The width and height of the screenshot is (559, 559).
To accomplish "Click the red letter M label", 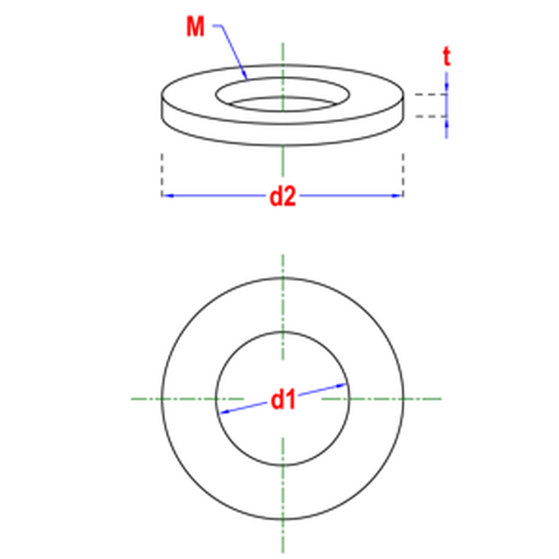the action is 196,26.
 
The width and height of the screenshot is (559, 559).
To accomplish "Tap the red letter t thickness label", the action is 446,56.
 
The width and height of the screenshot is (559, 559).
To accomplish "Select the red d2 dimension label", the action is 283,197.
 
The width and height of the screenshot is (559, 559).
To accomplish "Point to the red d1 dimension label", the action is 283,400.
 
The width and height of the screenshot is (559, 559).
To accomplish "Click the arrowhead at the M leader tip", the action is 245,75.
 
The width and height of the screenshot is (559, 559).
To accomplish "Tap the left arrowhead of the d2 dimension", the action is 168,196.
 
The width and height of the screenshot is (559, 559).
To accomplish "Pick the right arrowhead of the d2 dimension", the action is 397,196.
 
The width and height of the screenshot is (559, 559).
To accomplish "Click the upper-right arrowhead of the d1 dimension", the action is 342,385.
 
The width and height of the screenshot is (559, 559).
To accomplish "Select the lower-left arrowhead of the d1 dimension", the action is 224,412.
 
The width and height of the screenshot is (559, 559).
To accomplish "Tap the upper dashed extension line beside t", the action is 431,94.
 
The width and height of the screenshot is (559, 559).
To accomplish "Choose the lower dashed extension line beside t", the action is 431,116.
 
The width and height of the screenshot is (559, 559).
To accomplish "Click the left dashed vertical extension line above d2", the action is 162,175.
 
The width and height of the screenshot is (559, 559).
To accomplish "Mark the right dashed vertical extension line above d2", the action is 404,175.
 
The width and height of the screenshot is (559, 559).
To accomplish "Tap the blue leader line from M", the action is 231,51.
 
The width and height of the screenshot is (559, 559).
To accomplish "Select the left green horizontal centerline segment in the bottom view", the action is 188,399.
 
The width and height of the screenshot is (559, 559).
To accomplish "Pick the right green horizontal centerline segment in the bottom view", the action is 382,399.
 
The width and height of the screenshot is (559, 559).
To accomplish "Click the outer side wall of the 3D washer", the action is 283,135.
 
